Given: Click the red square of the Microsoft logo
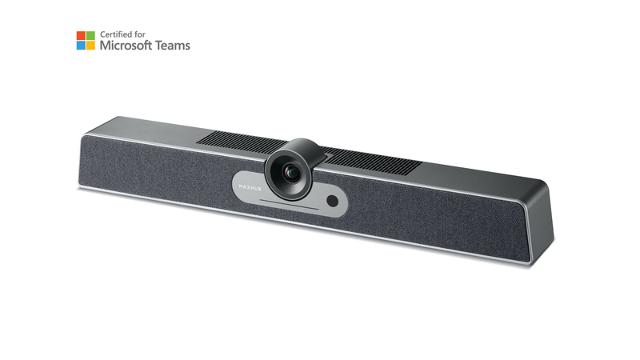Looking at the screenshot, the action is (x=81, y=35).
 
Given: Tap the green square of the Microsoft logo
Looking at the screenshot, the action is (x=90, y=35).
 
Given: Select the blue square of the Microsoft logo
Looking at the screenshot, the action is (x=81, y=46).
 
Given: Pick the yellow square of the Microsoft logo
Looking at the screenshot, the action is (x=90, y=46).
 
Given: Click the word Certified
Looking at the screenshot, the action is (x=117, y=34).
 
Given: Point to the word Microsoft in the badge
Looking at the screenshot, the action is (x=126, y=46).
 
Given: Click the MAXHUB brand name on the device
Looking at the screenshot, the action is (x=250, y=187).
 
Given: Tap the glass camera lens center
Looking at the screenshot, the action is (x=291, y=173).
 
